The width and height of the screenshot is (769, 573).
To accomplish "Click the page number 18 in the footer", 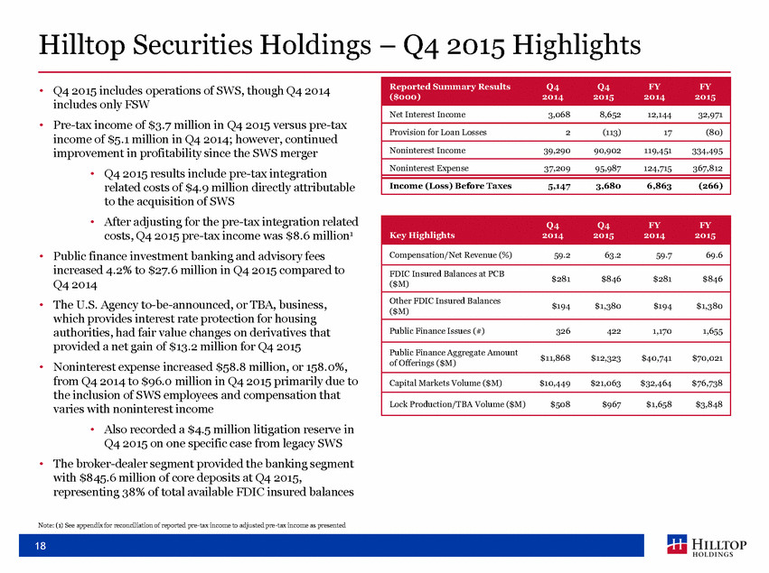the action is pyautogui.click(x=41, y=546).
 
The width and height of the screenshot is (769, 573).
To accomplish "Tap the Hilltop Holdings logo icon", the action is pyautogui.click(x=677, y=545).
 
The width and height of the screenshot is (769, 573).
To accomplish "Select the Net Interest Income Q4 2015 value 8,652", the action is pyautogui.click(x=609, y=115).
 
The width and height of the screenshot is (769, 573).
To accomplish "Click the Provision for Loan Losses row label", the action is pyautogui.click(x=437, y=133).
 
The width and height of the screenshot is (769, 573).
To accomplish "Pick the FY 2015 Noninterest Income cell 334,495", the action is pyautogui.click(x=708, y=151).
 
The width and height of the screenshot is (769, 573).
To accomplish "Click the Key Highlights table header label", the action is pyautogui.click(x=422, y=236).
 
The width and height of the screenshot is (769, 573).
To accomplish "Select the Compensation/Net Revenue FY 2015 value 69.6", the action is pyautogui.click(x=713, y=255).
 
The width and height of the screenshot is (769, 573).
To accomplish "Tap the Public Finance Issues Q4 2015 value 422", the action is pyautogui.click(x=614, y=331).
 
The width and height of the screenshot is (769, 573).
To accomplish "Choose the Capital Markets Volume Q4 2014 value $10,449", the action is pyautogui.click(x=555, y=383).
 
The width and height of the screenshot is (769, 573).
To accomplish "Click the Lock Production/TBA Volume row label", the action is pyautogui.click(x=457, y=404).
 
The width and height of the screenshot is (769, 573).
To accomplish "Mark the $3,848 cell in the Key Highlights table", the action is pyautogui.click(x=709, y=404).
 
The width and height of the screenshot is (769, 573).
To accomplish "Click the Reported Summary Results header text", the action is pyautogui.click(x=450, y=91).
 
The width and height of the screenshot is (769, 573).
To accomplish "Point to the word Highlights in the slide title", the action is pyautogui.click(x=577, y=45).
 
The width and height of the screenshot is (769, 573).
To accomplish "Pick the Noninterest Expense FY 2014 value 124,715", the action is pyautogui.click(x=657, y=168).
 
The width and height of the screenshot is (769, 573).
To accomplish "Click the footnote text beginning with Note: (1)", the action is pyautogui.click(x=192, y=525).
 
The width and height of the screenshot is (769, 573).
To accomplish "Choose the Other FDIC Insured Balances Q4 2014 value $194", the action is pyautogui.click(x=560, y=306).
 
